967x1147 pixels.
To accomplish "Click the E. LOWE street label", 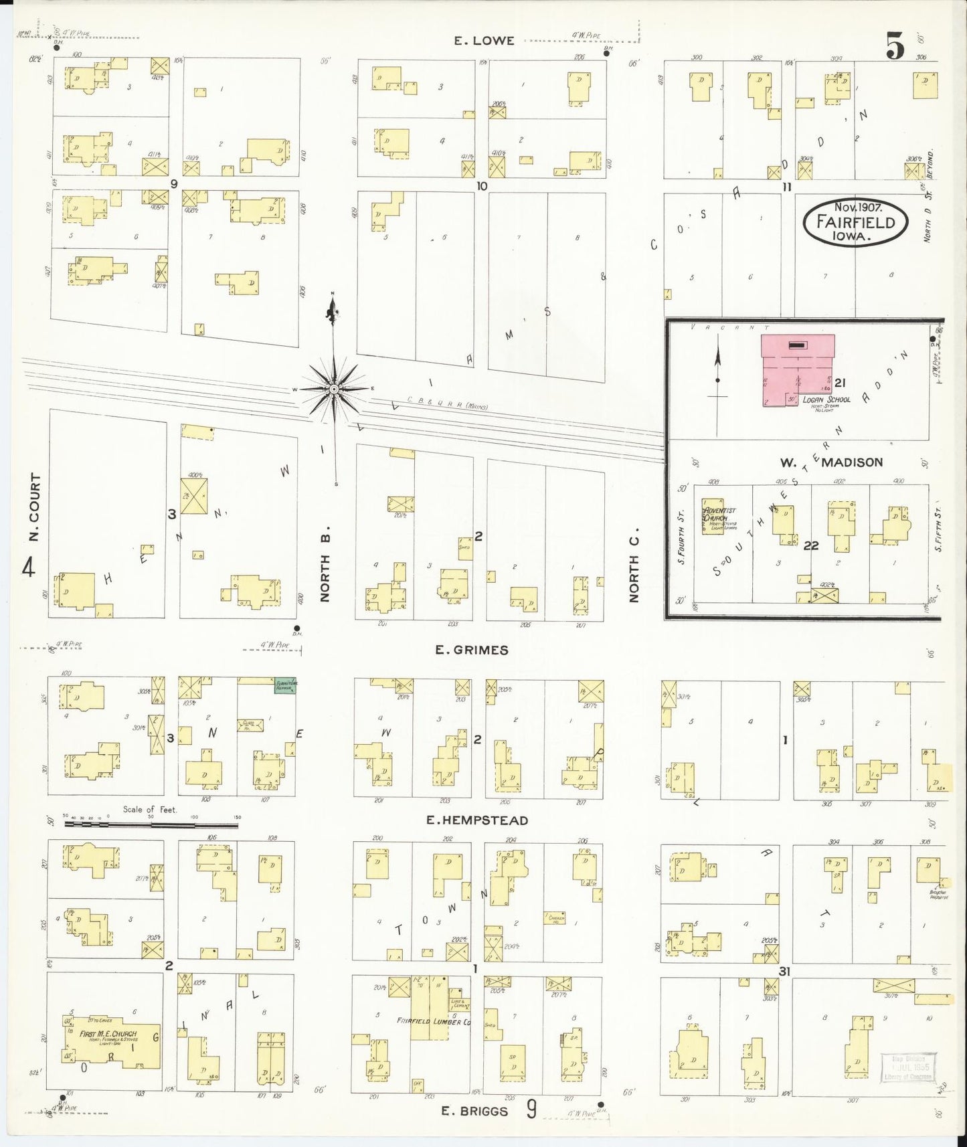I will pyautogui.click(x=484, y=41).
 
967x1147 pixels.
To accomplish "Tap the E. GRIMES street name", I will pyautogui.click(x=472, y=650).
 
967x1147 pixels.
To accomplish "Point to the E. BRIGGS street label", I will pyautogui.click(x=474, y=1112).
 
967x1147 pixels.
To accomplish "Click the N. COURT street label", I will pyautogui.click(x=35, y=508).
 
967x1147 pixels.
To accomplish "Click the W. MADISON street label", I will pyautogui.click(x=830, y=462).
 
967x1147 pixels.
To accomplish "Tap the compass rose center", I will pyautogui.click(x=333, y=389).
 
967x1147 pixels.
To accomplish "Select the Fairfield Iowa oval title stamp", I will pyautogui.click(x=856, y=222).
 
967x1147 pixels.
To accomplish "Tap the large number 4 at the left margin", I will pyautogui.click(x=28, y=567).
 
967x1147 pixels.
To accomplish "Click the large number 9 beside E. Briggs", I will pyautogui.click(x=531, y=1110).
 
